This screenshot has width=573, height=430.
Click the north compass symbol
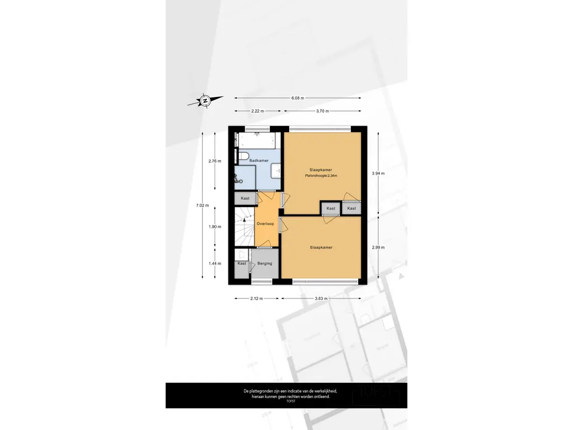tap(205, 101)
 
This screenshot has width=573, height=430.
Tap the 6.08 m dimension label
tap(298, 98)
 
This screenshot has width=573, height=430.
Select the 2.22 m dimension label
tap(257, 111)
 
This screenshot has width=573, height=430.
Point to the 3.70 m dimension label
tap(322, 111)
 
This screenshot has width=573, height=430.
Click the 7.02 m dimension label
tap(203, 205)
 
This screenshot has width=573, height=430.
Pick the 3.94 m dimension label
tap(378, 174)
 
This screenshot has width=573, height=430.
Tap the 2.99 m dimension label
tap(378, 247)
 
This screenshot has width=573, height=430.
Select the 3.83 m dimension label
tap(321, 298)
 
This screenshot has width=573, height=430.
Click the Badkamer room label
tap(259, 161)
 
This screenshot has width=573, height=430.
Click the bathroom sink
tap(276, 171)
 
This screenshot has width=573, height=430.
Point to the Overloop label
tap(265, 224)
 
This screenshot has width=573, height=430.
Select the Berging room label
tap(265, 263)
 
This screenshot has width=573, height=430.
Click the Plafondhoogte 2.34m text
tap(321, 176)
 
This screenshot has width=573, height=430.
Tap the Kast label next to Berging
tap(242, 263)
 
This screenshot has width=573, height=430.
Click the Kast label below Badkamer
tap(245, 198)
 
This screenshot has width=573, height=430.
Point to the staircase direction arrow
tap(245, 219)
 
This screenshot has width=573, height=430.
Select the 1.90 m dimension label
tap(215, 227)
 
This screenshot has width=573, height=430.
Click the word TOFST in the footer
tap(290, 401)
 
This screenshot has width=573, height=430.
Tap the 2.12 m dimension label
tap(256, 298)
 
